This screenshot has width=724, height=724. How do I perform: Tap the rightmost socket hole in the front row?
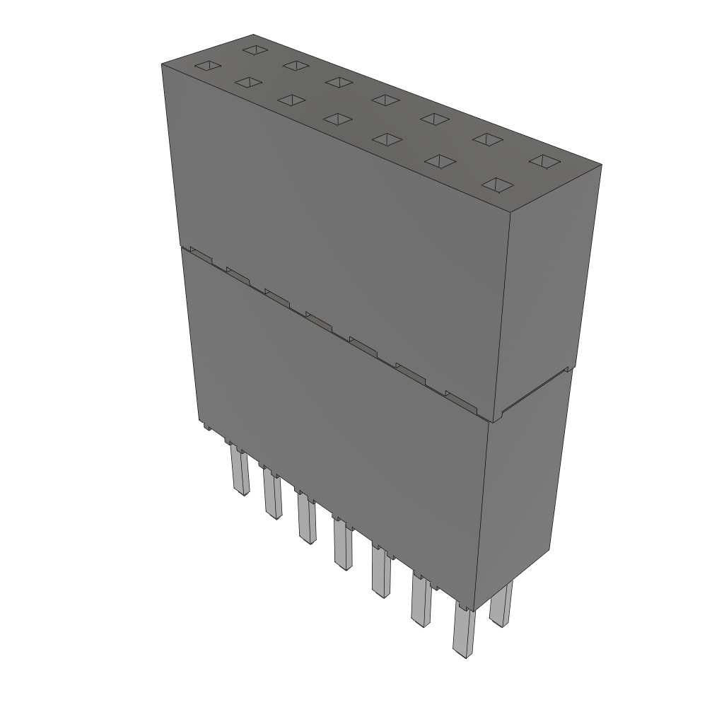point(498,185)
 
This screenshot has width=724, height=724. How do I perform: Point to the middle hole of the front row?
point(338,119)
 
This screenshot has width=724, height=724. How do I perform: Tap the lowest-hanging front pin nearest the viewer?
point(464,632)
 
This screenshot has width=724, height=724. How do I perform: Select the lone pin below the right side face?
point(501,606)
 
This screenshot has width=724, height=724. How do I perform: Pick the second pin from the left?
point(272,494)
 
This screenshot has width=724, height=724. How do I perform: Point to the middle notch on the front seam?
point(320,322)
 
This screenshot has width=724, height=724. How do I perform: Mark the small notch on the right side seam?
point(568,369)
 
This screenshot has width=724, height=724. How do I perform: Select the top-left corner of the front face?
point(162,64)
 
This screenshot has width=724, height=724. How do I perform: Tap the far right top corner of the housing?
point(601,165)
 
